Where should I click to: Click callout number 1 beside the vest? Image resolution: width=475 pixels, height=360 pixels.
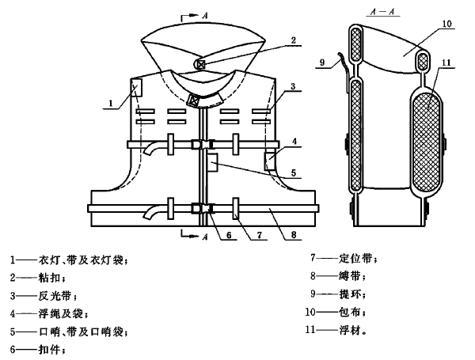coord(111,103)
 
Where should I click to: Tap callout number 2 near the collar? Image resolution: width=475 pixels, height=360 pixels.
coord(293,40)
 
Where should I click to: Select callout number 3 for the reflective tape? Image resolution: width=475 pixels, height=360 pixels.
coord(293,86)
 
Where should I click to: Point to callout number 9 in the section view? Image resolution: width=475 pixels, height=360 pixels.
coord(322,63)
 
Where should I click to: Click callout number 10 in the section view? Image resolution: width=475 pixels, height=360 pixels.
coord(447,24)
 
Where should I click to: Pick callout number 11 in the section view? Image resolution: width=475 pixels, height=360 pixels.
coord(446,63)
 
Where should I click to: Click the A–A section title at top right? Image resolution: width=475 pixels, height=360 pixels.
coord(383,12)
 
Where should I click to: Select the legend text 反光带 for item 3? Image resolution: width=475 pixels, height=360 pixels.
coord(55,295)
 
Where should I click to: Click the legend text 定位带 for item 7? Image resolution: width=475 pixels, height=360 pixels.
coord(355,258)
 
